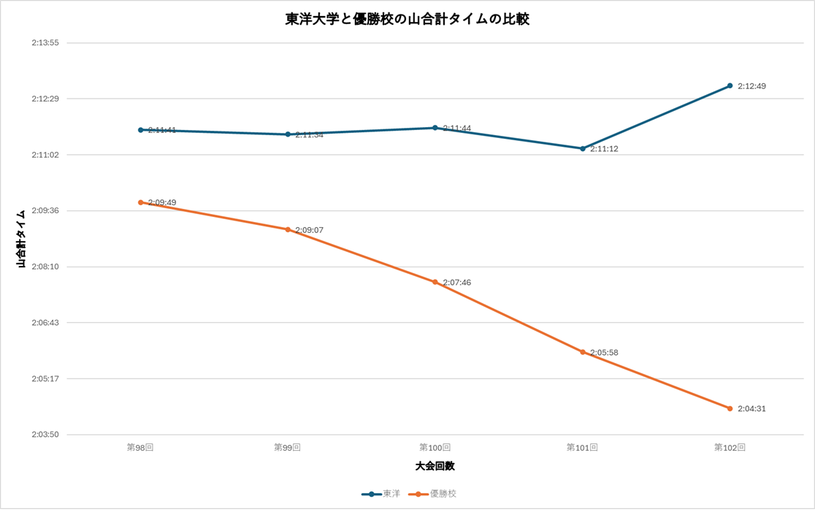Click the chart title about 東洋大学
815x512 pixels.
pyautogui.click(x=407, y=20)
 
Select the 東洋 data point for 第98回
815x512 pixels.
pyautogui.click(x=141, y=130)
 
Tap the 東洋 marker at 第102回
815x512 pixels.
pyautogui.click(x=730, y=86)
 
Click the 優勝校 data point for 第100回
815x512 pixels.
pyautogui.click(x=435, y=282)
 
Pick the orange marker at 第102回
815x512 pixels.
pyautogui.click(x=730, y=408)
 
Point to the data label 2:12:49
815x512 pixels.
pyautogui.click(x=751, y=86)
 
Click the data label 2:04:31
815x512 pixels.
pyautogui.click(x=751, y=409)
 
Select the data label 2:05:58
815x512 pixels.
pyautogui.click(x=604, y=353)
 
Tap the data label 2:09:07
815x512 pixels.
pyautogui.click(x=309, y=230)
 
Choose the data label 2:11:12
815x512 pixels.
pyautogui.click(x=604, y=149)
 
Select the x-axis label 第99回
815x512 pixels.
pyautogui.click(x=288, y=447)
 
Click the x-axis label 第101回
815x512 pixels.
pyautogui.click(x=582, y=447)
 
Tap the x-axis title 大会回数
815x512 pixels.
pyautogui.click(x=435, y=466)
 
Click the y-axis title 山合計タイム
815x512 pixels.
pyautogui.click(x=22, y=239)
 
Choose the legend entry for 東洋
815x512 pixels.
pyautogui.click(x=382, y=494)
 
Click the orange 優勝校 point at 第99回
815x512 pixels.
pyautogui.click(x=288, y=229)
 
